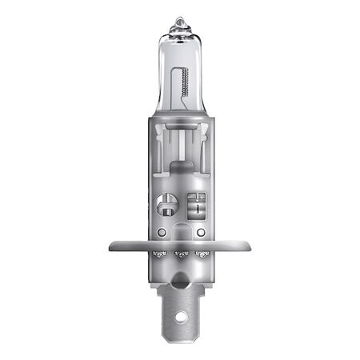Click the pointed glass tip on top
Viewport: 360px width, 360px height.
pos(180,19)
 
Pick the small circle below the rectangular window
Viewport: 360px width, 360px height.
pos(200,232)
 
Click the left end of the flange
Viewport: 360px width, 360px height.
pos(114,246)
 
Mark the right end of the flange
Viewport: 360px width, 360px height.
pos(246,246)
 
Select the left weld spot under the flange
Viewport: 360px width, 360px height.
pos(160,255)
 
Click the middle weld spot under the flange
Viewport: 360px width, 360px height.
pos(181,255)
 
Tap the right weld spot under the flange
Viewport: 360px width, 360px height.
pos(201,255)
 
